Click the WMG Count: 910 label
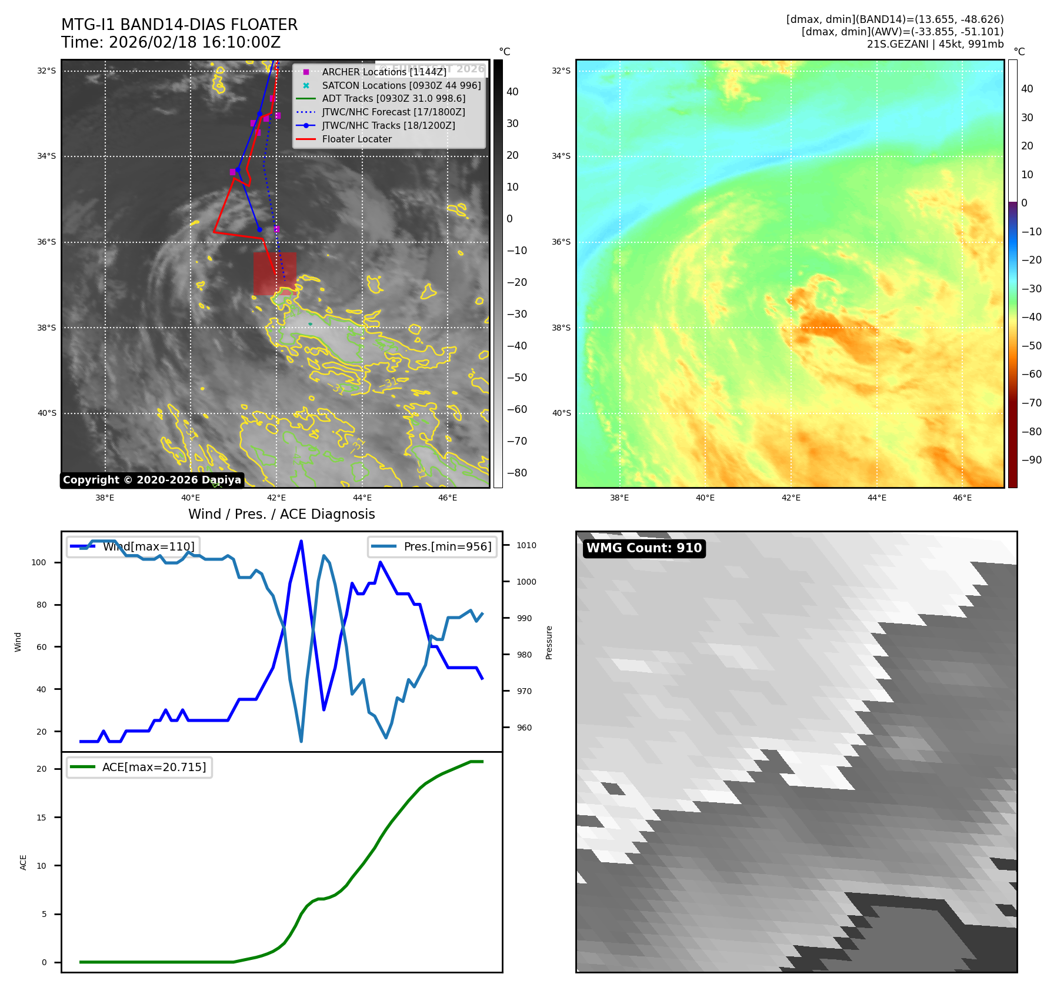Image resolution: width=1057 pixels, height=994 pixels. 644,548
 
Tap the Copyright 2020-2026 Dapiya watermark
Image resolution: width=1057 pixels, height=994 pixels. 152,480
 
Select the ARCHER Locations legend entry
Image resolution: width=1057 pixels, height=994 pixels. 384,72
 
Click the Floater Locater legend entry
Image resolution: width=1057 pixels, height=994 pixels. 356,139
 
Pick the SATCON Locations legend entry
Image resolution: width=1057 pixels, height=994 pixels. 401,85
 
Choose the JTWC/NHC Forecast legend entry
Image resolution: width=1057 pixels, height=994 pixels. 393,112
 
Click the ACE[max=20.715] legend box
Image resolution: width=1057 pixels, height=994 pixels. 139,767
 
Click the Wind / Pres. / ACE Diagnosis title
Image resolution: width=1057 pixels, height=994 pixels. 281,514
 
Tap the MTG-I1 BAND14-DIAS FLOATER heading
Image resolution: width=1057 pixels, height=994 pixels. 179,25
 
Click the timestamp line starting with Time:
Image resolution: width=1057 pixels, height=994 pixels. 171,42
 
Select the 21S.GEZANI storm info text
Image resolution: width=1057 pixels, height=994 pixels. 935,44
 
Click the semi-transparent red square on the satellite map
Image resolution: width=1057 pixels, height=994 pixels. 275,273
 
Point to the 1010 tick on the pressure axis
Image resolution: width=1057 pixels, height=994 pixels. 526,545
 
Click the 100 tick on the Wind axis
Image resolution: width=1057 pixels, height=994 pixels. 39,562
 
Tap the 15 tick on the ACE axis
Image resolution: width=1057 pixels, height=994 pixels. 41,818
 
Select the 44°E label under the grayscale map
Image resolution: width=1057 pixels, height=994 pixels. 362,498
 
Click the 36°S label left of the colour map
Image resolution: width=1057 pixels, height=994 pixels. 561,242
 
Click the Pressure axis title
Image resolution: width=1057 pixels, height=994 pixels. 549,642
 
